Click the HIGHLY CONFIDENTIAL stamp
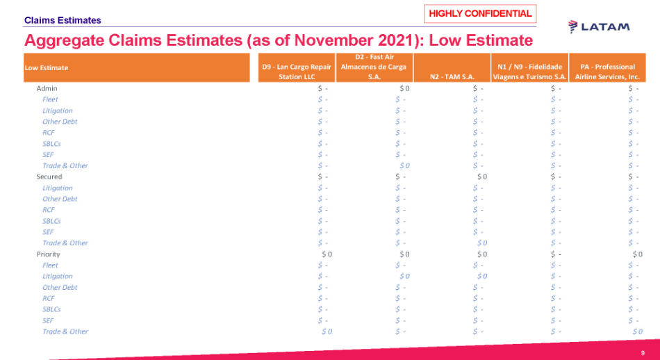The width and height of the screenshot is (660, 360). click(480, 13)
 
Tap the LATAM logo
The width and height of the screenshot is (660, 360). click(599, 26)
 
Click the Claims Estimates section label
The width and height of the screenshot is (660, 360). click(63, 20)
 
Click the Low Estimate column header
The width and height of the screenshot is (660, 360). click(47, 67)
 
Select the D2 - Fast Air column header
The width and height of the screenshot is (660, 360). click(374, 67)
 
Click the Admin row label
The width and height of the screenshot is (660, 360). click(47, 88)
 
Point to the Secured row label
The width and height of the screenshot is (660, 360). click(49, 177)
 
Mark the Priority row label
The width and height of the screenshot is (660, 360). click(49, 254)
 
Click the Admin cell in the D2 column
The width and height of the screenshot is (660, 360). click(404, 88)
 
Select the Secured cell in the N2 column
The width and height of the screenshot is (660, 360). click(482, 177)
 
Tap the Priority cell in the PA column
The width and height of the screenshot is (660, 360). click(637, 254)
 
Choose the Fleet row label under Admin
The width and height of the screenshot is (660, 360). click(50, 99)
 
